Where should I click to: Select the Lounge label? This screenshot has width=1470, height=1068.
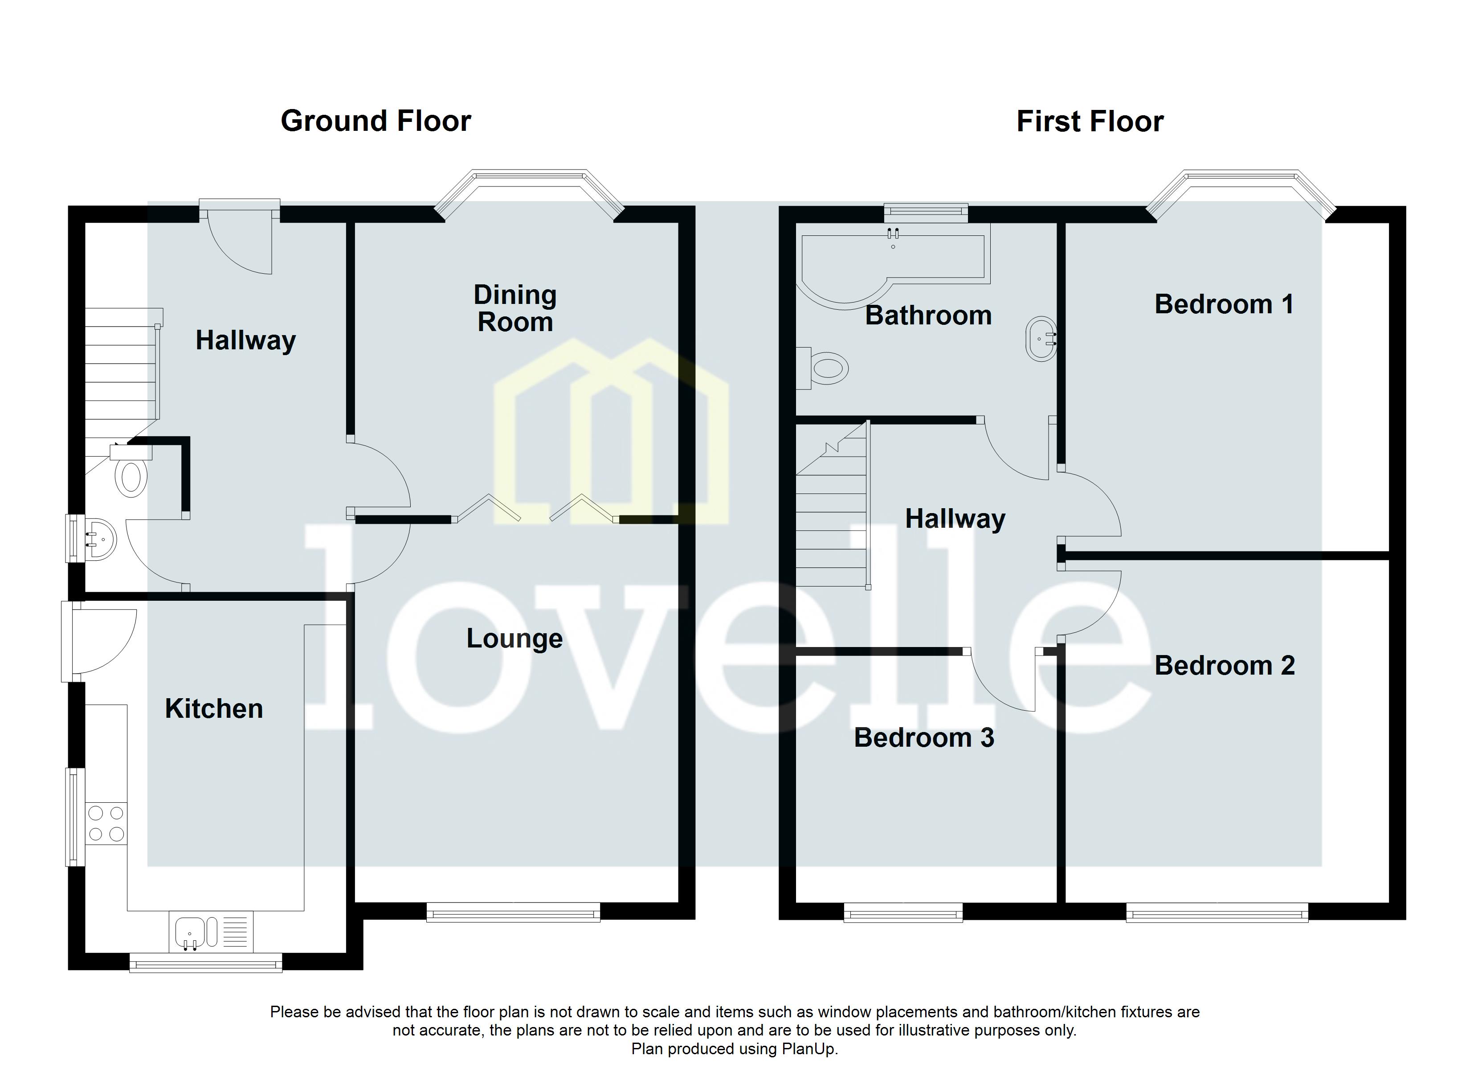(x=514, y=639)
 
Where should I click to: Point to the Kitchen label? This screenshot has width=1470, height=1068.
(x=214, y=708)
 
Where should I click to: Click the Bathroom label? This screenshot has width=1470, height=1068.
(x=928, y=316)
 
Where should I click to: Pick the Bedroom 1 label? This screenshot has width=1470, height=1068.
(x=1224, y=304)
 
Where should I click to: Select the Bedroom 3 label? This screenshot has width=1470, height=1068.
(x=923, y=738)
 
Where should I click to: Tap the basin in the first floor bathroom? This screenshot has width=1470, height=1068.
(x=1040, y=339)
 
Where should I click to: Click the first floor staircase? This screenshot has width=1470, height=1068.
(x=832, y=518)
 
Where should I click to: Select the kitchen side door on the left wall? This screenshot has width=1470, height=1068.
(x=97, y=641)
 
